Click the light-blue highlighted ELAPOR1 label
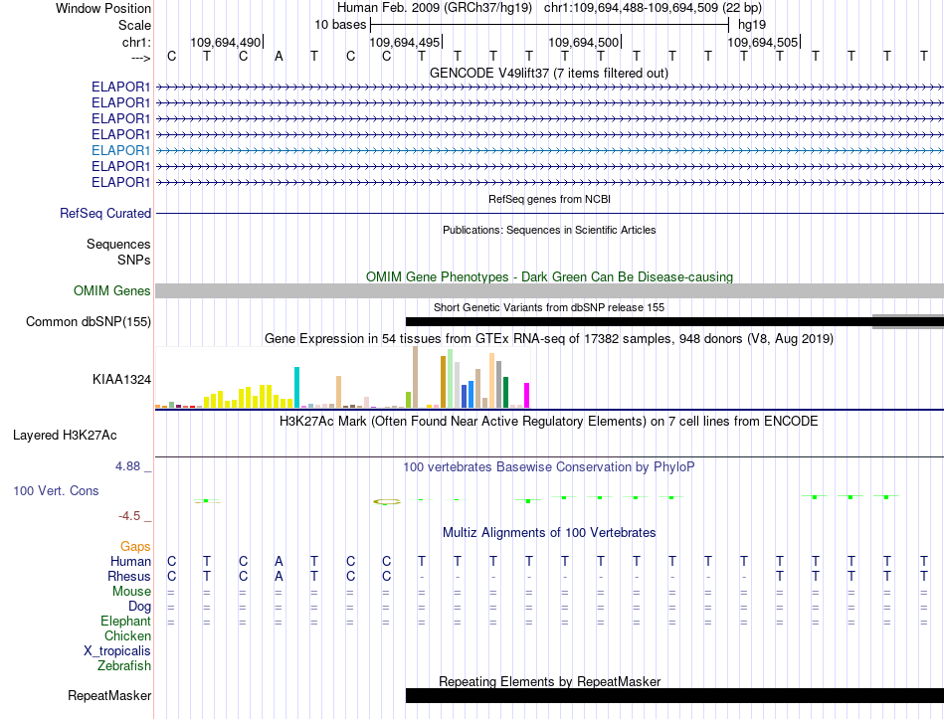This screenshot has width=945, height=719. pos(120,150)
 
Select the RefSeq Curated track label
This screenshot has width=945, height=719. pos(105,214)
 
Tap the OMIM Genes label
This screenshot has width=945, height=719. pos(112,290)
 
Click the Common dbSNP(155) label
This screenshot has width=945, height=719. pos(89,322)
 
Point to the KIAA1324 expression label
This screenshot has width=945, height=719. pos(121,379)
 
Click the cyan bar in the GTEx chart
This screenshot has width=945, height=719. pos(296,387)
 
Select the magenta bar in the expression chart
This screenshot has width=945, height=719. pos(527,396)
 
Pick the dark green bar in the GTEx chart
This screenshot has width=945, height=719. pos(505,393)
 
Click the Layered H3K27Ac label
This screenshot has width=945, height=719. pos(65,436)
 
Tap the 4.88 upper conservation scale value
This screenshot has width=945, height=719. pos(127,465)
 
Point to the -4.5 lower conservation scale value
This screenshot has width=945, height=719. pos(129,516)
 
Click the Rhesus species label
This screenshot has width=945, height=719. pos(129,576)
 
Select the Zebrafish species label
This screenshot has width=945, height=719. pos(124,666)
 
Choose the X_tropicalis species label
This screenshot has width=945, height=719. pos(117,651)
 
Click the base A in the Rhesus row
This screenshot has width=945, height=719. pos(279,576)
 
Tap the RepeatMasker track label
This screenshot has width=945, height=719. pos(109,695)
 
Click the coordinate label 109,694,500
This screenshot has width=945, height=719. pos(583,42)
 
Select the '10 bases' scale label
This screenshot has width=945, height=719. pos(340,25)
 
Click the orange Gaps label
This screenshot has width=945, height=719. pos(135,546)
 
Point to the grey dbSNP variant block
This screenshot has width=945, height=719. pos(908,322)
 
